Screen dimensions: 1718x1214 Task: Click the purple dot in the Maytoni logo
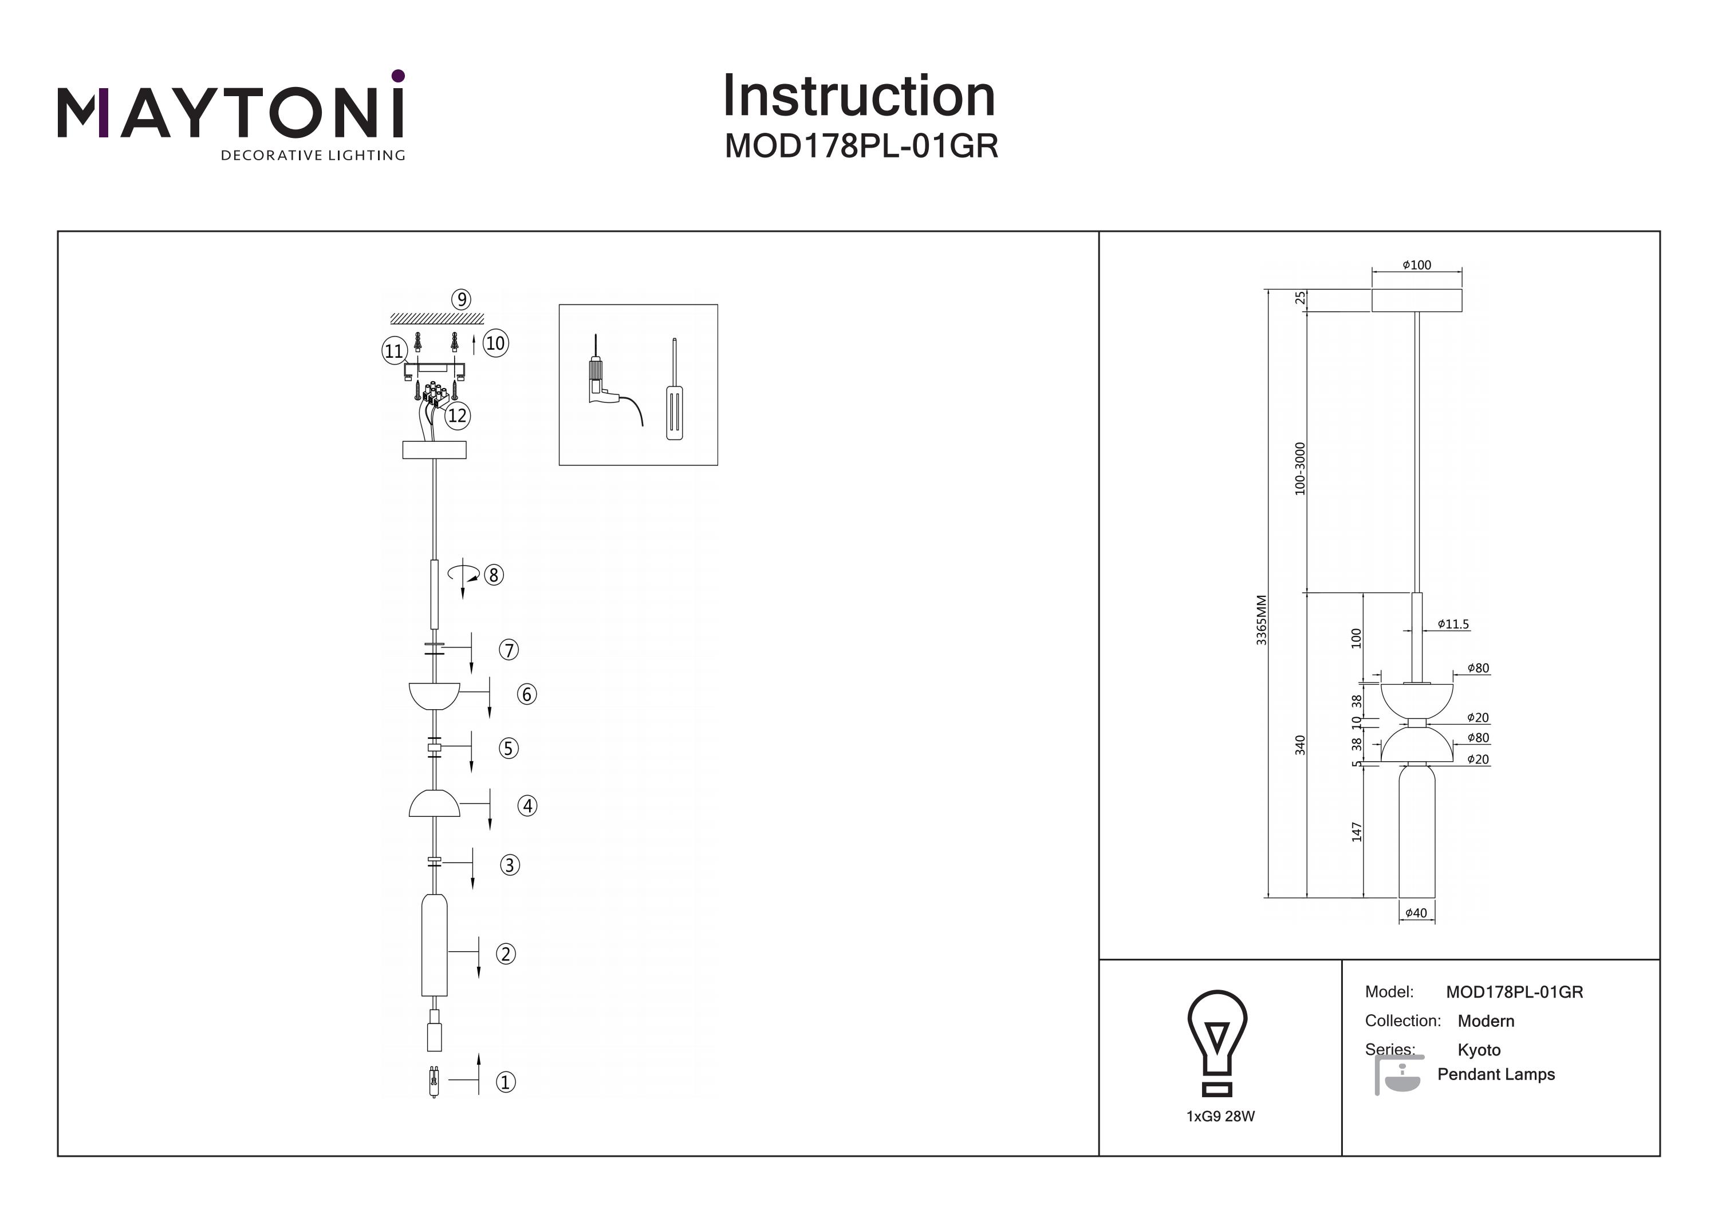click(x=398, y=76)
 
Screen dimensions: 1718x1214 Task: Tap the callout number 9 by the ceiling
click(x=461, y=300)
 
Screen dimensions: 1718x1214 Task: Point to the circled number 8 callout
click(x=493, y=575)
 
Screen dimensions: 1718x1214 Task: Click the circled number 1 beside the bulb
click(x=506, y=1082)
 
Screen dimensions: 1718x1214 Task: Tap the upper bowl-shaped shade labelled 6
click(x=434, y=695)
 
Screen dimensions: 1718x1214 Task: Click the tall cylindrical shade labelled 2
click(x=434, y=946)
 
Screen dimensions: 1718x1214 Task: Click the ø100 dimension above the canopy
click(x=1416, y=265)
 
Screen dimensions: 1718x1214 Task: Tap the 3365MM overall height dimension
click(x=1262, y=620)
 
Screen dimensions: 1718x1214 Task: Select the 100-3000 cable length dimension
click(x=1300, y=469)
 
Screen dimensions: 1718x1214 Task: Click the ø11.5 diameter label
click(x=1453, y=624)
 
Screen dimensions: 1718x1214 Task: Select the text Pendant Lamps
click(x=1496, y=1074)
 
